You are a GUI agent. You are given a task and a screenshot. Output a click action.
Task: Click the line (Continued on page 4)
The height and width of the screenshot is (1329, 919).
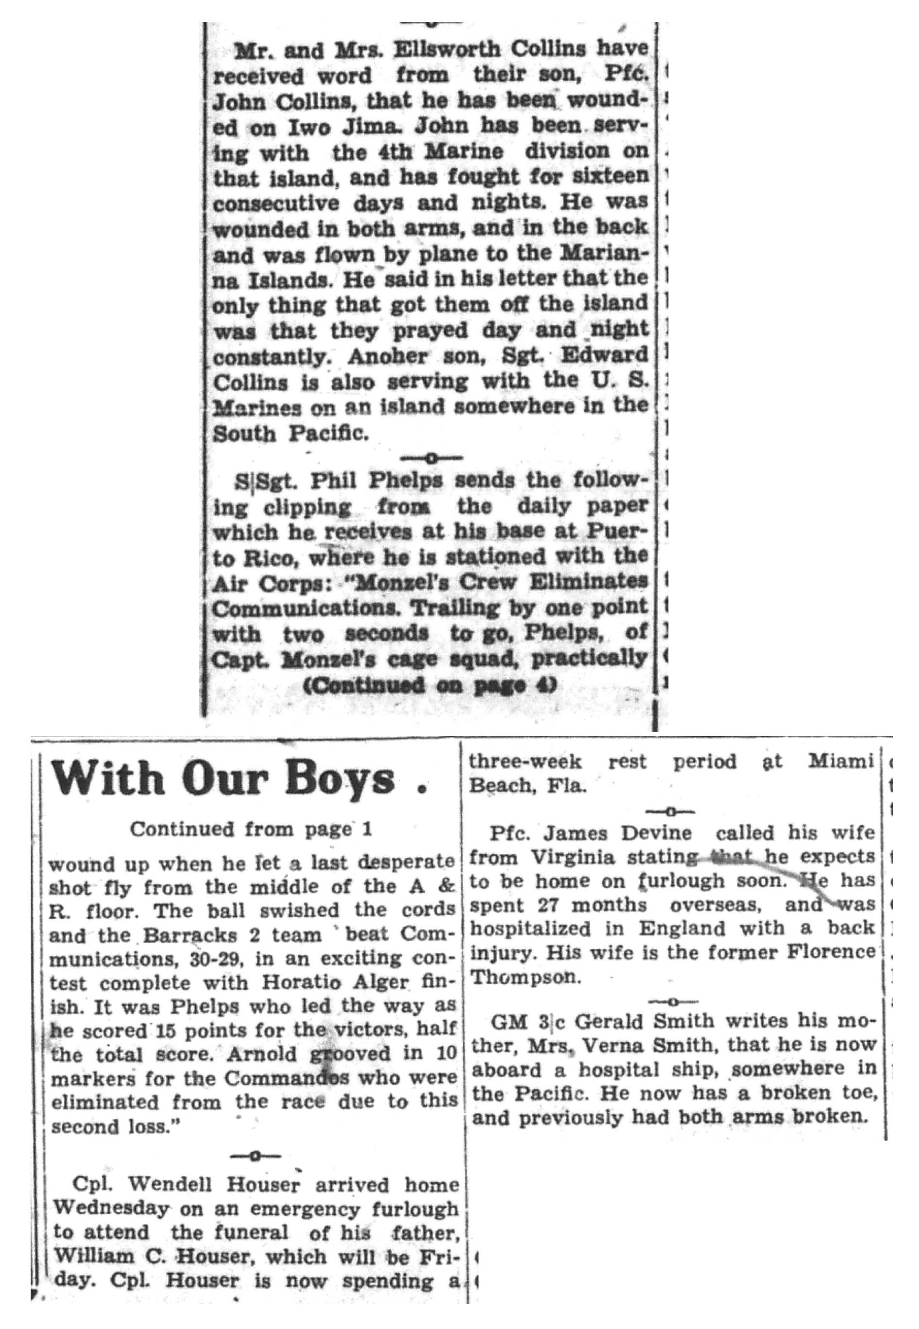(x=429, y=686)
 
